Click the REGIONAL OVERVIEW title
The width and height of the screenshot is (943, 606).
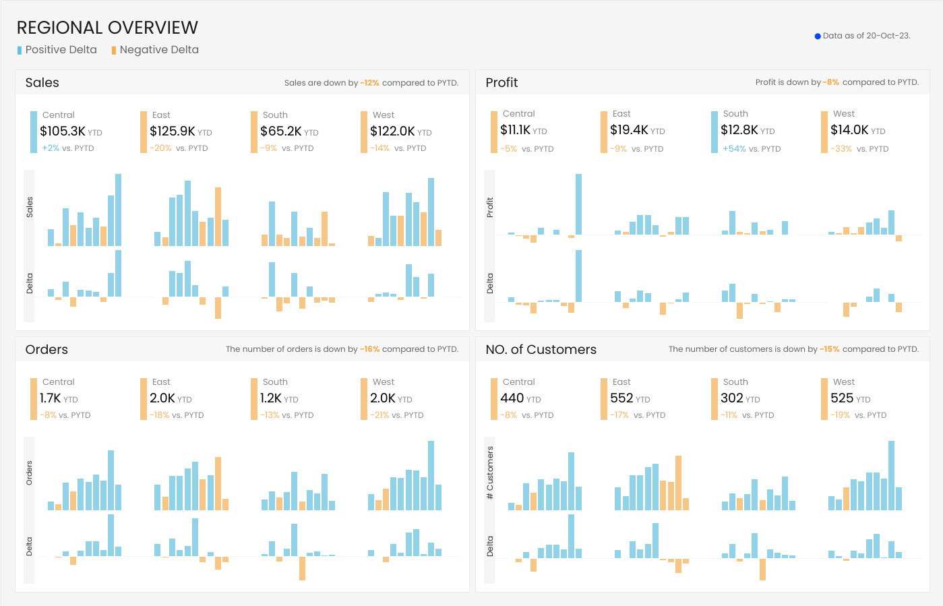107,28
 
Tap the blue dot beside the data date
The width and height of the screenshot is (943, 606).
818,36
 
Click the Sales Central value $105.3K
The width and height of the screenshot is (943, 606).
63,131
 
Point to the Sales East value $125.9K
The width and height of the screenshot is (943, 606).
173,131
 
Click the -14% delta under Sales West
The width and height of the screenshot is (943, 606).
379,148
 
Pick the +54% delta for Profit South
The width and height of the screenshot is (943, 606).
733,149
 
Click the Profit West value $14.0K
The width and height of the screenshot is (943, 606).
849,130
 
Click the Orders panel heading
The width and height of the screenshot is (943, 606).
47,350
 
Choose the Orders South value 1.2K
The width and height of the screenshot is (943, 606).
271,398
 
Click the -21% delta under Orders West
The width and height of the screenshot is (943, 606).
379,415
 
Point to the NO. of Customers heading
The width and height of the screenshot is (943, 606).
541,350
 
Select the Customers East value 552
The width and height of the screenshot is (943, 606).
621,398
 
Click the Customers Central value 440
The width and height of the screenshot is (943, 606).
512,398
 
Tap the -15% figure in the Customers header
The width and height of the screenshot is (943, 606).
830,349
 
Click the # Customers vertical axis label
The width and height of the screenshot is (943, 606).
490,473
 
